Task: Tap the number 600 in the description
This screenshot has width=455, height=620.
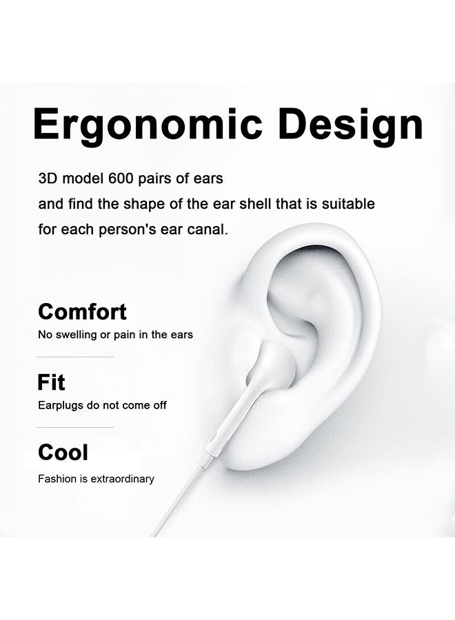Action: (x=121, y=178)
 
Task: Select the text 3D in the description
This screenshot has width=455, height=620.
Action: (x=48, y=178)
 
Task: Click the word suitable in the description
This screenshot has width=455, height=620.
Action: (x=348, y=204)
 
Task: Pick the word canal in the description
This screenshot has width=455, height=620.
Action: (x=207, y=229)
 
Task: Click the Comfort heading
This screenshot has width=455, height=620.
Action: (x=82, y=311)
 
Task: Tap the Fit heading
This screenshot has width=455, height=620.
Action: (x=51, y=382)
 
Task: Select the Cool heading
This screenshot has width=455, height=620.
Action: (x=63, y=452)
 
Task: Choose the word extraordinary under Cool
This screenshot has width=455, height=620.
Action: (x=122, y=479)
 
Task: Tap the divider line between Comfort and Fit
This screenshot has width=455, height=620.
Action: (x=75, y=357)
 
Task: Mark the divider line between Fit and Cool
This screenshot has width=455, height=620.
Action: (x=75, y=427)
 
